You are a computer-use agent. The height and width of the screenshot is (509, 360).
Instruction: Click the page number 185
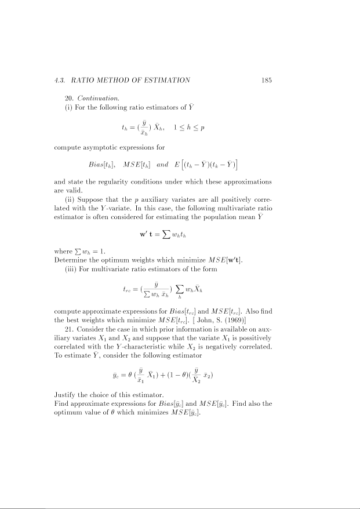point(267,80)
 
